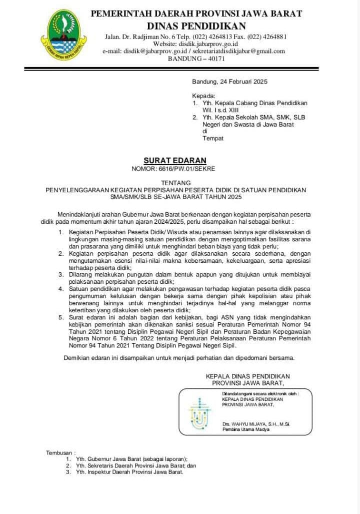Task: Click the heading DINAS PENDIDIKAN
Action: click(196, 26)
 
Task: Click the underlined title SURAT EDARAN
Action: click(175, 160)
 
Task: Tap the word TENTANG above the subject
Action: click(175, 183)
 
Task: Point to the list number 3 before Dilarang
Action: click(60, 274)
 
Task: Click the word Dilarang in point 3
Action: click(84, 274)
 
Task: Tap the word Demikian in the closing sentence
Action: click(78, 358)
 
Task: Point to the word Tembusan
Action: click(60, 452)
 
